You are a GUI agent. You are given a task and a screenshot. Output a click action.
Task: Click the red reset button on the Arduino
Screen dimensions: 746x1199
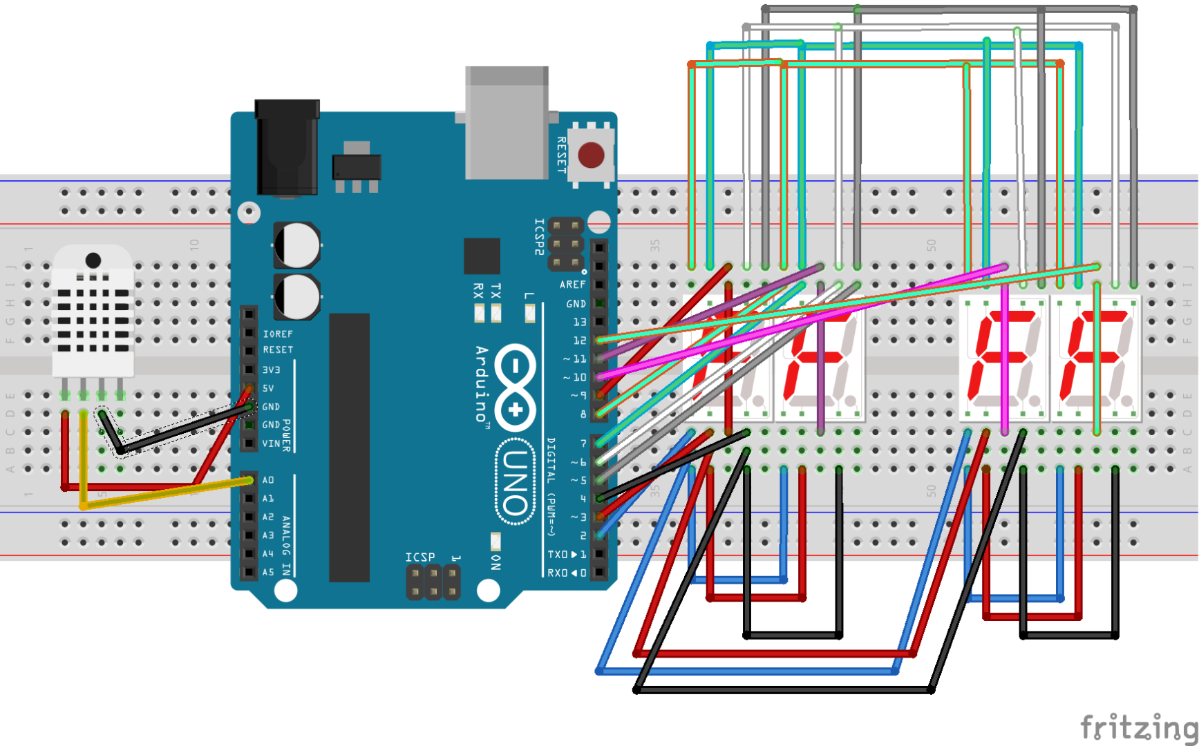point(591,155)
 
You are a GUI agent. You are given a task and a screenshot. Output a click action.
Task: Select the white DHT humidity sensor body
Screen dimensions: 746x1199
point(93,311)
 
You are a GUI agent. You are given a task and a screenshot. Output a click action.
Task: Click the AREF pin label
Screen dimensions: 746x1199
point(572,285)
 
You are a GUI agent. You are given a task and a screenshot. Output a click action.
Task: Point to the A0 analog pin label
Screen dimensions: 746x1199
point(268,480)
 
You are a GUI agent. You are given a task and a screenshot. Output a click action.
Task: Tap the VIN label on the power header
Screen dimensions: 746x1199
point(271,443)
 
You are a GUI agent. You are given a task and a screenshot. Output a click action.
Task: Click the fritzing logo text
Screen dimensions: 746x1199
point(1138,727)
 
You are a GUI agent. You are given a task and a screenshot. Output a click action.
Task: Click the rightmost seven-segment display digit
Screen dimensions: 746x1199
point(1096,358)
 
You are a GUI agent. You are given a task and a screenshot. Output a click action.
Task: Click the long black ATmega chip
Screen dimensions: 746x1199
point(349,447)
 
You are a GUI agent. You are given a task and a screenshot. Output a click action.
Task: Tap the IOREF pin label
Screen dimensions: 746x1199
point(277,334)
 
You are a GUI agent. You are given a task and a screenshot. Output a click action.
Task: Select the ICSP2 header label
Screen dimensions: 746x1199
point(539,237)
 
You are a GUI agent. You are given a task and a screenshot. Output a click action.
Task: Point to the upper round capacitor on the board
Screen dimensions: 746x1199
point(298,245)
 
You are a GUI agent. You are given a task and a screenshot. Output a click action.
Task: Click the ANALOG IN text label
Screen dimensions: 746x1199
point(286,546)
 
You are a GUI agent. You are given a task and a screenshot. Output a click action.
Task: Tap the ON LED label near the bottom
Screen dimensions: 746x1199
point(495,562)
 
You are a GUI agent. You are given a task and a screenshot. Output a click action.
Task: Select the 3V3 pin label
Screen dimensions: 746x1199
point(271,370)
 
